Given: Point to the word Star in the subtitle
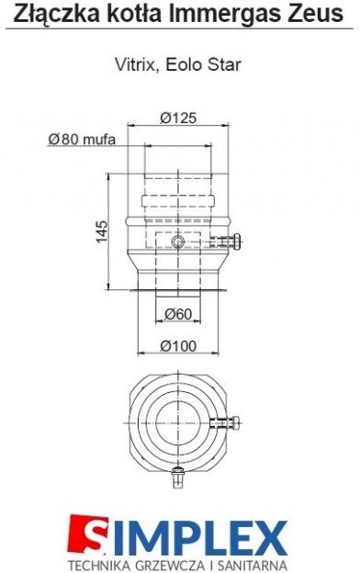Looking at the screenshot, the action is (224, 64).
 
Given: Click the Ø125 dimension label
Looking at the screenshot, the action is (178, 118).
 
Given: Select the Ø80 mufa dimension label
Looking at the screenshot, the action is (82, 139).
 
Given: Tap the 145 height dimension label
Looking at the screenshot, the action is (102, 231).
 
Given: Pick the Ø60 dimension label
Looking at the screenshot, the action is (178, 314).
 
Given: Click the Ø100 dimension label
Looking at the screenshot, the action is (178, 345).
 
